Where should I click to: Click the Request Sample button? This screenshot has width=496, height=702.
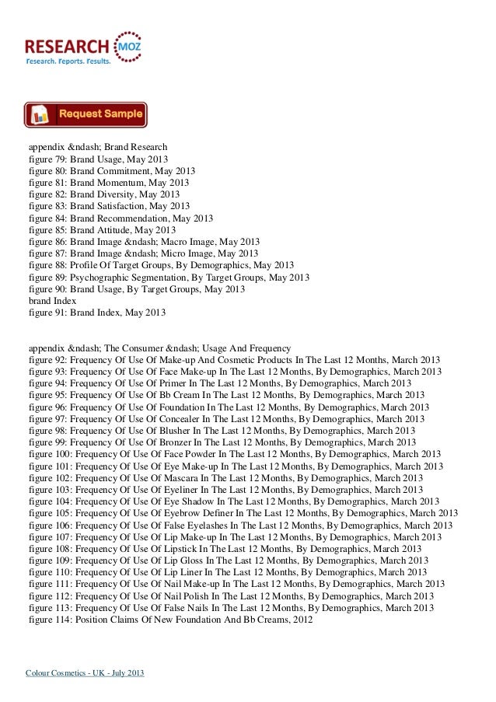coord(86,115)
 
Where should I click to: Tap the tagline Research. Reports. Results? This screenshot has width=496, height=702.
coord(68,61)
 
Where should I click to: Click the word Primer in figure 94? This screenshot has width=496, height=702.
coord(175,384)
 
